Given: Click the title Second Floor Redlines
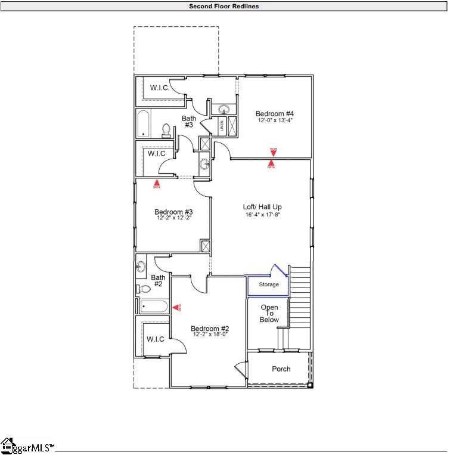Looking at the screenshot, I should click(224, 7).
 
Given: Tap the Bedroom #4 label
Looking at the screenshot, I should click(275, 113).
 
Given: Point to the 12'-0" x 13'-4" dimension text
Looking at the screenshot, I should click(275, 120).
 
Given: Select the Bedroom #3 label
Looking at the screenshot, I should click(173, 212).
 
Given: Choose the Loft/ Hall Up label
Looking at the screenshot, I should click(262, 207).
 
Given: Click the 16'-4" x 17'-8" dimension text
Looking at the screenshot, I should click(262, 215).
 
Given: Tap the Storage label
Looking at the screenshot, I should click(268, 285).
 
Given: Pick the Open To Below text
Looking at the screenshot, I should click(269, 314).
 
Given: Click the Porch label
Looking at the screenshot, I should click(281, 369).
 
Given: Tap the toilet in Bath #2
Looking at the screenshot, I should click(144, 289).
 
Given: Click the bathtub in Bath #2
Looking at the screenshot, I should click(154, 307).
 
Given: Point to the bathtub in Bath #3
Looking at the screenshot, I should click(144, 124).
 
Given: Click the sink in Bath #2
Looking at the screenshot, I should click(141, 266).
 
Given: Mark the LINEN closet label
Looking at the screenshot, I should click(222, 126).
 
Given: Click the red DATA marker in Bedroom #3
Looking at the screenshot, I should click(157, 184).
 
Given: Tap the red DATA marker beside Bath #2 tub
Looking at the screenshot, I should click(177, 307).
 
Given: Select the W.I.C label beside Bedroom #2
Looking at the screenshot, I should click(155, 339).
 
